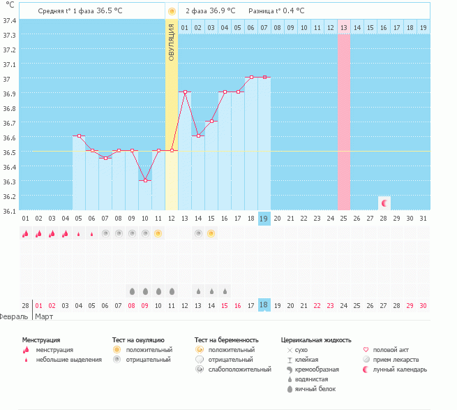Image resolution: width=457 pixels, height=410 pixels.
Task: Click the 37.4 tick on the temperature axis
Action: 9,20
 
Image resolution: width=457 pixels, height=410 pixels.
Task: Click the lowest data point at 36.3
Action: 145,180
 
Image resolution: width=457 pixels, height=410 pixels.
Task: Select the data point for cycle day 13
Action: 185,91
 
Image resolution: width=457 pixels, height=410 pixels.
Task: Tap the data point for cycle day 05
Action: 79,136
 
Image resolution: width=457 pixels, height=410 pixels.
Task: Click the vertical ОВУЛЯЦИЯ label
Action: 172,41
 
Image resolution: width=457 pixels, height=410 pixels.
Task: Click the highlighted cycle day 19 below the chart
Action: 264,219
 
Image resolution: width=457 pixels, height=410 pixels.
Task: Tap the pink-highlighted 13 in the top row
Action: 344,27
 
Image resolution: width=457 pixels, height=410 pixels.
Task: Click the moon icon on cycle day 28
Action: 384,203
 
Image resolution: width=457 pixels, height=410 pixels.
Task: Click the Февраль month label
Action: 14,316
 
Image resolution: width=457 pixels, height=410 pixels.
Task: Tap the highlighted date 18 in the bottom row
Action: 264,305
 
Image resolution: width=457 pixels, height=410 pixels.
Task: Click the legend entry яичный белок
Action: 315,389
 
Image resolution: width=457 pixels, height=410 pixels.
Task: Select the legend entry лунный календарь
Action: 398,369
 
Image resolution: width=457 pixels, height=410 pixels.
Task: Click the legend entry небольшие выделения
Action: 68,360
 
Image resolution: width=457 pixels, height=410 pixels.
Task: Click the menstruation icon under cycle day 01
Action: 26,233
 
